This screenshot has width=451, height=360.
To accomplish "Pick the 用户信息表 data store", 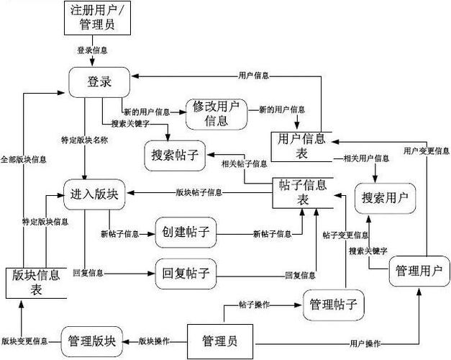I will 301,145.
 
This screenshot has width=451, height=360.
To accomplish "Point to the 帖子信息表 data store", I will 302,192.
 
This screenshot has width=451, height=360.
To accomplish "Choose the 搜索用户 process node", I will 385,196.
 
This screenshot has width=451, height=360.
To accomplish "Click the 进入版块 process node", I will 94,195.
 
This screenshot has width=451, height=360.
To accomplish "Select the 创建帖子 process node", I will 186,233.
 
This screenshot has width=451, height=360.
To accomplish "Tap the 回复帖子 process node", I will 186,273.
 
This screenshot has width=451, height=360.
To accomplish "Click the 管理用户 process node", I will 418,272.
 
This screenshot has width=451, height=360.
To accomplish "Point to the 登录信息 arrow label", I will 93,50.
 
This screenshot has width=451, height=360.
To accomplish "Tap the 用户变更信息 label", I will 426,151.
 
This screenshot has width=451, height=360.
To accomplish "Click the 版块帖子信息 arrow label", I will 199,193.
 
